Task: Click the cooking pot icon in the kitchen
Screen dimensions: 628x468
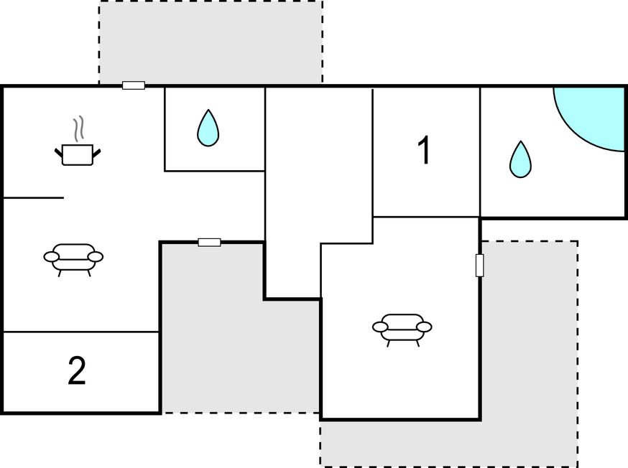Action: click(x=78, y=154)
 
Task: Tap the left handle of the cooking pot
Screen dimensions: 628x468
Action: click(x=58, y=153)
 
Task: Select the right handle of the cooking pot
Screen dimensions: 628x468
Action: click(x=96, y=153)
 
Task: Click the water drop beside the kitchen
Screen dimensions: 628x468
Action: click(x=208, y=128)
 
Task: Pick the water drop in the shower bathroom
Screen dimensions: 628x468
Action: click(x=520, y=159)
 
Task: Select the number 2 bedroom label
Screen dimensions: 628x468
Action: click(x=77, y=371)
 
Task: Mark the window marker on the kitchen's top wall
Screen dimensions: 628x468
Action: click(x=134, y=85)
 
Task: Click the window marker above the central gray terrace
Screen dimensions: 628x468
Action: click(x=210, y=243)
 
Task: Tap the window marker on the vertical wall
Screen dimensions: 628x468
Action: click(x=479, y=265)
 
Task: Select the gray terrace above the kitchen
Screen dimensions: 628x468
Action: click(x=211, y=43)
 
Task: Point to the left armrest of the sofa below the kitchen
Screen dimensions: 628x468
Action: click(x=51, y=256)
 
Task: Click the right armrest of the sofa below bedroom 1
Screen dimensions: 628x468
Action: click(x=424, y=327)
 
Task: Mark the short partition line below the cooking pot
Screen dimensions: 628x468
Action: click(x=34, y=197)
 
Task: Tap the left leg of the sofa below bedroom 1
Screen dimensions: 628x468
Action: click(x=389, y=344)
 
